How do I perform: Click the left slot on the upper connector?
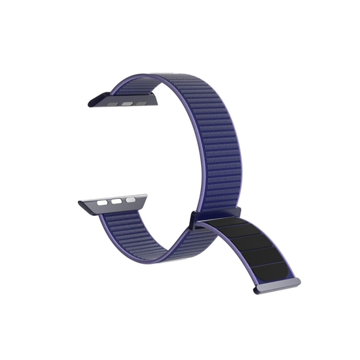pyautogui.click(x=110, y=102)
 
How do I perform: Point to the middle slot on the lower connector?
pyautogui.click(x=118, y=202)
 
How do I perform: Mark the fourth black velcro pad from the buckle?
pyautogui.click(x=264, y=261)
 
